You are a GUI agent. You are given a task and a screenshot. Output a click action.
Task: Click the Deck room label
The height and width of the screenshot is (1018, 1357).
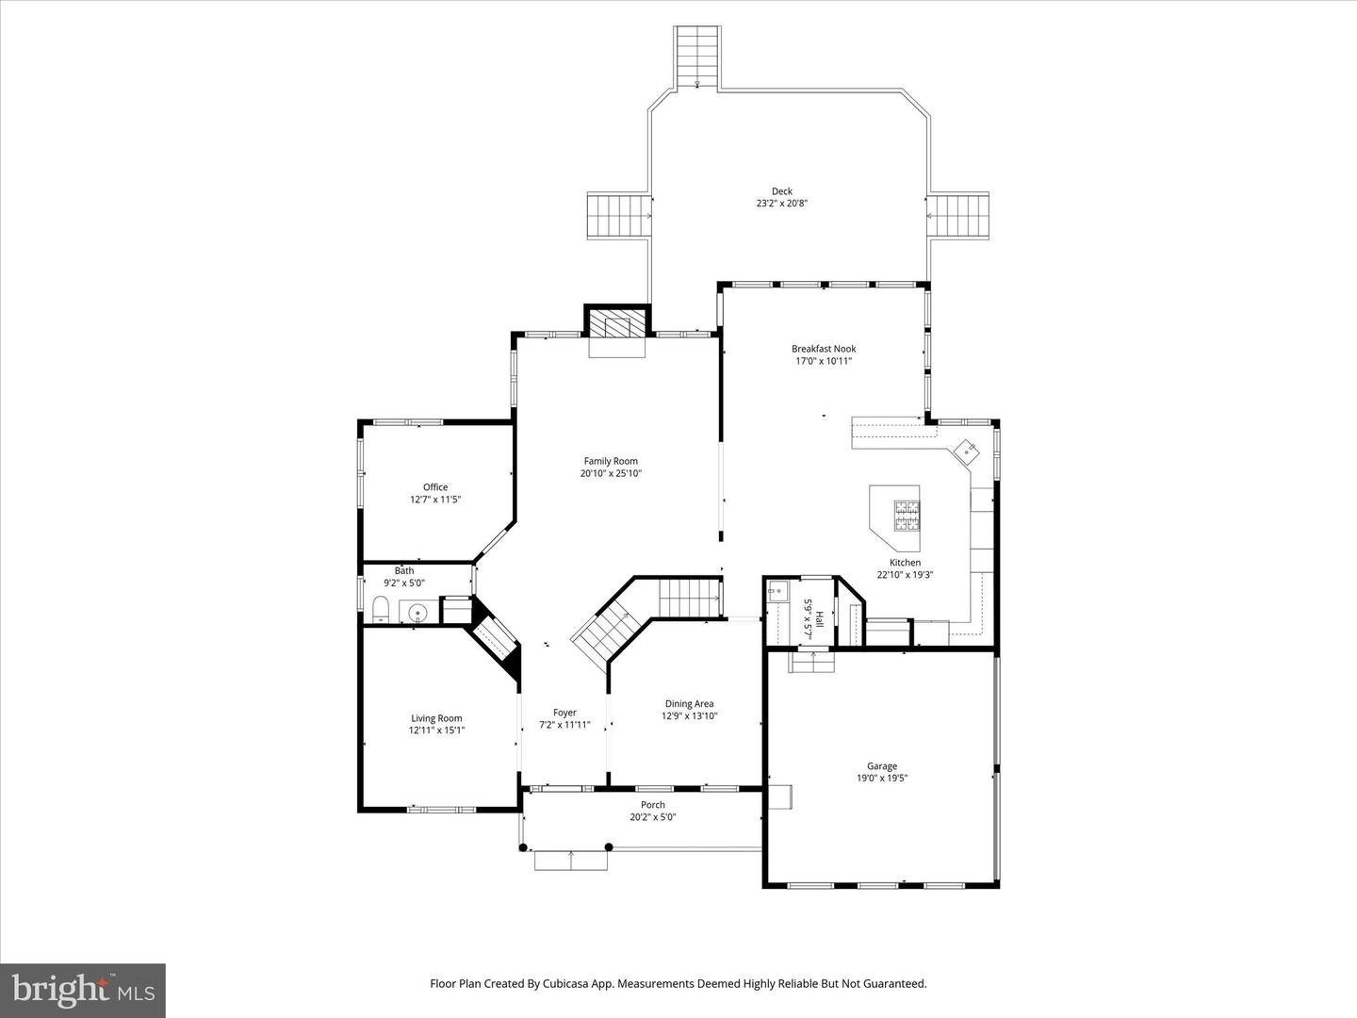pyautogui.click(x=781, y=191)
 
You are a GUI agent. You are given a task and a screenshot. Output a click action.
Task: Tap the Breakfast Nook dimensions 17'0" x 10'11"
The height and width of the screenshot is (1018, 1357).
pyautogui.click(x=824, y=361)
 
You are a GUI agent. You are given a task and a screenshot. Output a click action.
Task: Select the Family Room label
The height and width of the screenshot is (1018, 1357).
pyautogui.click(x=611, y=461)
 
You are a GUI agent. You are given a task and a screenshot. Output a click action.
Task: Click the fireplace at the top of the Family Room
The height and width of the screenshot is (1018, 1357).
pyautogui.click(x=617, y=326)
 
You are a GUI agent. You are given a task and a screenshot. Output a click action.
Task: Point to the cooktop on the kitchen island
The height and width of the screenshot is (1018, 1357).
pyautogui.click(x=907, y=515)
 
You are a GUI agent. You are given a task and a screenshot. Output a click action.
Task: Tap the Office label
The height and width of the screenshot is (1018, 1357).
pyautogui.click(x=435, y=487)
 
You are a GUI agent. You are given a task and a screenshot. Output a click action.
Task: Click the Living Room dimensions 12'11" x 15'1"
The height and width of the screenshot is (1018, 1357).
pyautogui.click(x=436, y=731)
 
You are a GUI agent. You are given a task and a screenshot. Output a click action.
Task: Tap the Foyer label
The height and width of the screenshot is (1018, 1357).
pyautogui.click(x=564, y=713)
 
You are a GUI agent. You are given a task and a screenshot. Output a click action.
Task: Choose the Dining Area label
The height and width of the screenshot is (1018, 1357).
pyautogui.click(x=689, y=703)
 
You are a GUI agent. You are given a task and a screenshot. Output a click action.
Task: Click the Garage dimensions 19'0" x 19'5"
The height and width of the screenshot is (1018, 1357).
pyautogui.click(x=882, y=779)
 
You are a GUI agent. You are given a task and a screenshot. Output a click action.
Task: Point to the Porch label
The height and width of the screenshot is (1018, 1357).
pyautogui.click(x=652, y=805)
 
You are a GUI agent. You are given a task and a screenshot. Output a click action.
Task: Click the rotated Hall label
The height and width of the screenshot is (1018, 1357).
pyautogui.click(x=819, y=619)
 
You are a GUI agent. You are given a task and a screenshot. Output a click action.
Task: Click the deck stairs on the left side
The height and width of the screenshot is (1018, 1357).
pyautogui.click(x=618, y=216)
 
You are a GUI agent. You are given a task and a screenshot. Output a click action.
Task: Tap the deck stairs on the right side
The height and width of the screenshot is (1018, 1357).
pyautogui.click(x=959, y=216)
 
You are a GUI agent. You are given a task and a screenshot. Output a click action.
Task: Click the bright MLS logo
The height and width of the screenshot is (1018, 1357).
pyautogui.click(x=83, y=990)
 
